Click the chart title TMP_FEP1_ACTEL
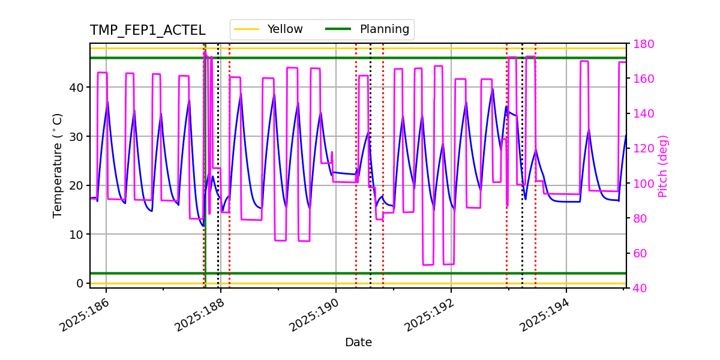coord(147,31)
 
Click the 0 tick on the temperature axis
coord(80,283)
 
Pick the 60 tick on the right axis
coord(640,253)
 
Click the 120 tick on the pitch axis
coord(643,149)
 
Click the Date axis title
coord(358,343)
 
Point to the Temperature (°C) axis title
coord(58,165)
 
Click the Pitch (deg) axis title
coord(663,166)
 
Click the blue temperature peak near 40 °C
coord(493,89)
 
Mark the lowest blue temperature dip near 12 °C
coord(203,226)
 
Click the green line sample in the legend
coord(338,29)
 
